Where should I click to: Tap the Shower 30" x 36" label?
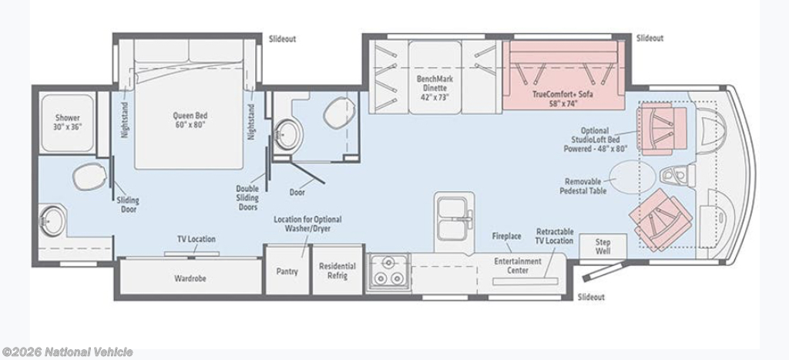[x=68, y=123]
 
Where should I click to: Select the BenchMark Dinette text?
[x=435, y=83]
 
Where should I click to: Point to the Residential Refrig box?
[x=337, y=270]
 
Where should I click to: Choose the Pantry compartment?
[x=287, y=270]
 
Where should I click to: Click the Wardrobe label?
[x=190, y=278]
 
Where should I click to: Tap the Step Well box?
[x=603, y=247]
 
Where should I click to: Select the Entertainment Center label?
[x=518, y=265]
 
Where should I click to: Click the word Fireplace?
[x=506, y=236]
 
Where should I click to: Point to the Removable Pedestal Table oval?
[x=633, y=177]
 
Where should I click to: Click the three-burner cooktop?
[x=388, y=272]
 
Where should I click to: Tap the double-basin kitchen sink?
[x=452, y=217]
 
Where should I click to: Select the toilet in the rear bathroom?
[x=89, y=177]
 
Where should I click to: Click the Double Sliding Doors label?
[x=247, y=198]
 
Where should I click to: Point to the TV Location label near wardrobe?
[x=196, y=239]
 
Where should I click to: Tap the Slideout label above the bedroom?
[x=282, y=39]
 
